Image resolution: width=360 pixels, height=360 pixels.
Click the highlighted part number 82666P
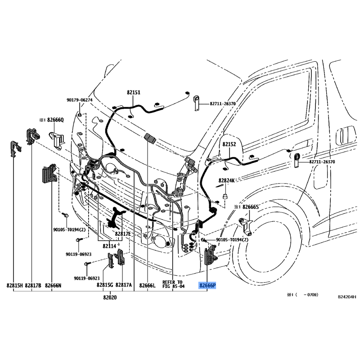coord(207,285)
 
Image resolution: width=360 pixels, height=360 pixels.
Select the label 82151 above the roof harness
coord(133,92)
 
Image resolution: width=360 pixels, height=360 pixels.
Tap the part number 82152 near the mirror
coord(229,144)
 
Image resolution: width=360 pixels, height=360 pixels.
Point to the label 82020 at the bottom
coord(110,297)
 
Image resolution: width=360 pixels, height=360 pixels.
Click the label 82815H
coord(15,285)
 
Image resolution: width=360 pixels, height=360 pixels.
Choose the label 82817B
coord(33,285)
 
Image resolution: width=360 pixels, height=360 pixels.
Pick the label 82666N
coord(53,285)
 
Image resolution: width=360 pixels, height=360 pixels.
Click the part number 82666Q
coord(55,120)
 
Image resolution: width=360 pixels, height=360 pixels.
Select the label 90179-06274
coord(80,100)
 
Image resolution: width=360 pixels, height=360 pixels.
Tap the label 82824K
coord(227,180)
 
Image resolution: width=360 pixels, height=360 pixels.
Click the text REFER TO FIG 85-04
coord(173,284)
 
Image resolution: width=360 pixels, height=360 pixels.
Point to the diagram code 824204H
coord(347,297)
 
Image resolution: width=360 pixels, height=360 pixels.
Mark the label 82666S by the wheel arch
coord(251,207)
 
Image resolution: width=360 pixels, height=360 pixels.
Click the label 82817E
coord(123,234)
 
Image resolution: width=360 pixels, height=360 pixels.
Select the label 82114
coord(109,246)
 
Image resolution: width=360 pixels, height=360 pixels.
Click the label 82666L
coord(148,285)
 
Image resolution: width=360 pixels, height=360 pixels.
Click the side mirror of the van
coord(231,150)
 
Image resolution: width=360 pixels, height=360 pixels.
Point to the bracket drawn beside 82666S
coord(246,226)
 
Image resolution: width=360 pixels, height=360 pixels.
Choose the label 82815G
coord(105,285)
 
